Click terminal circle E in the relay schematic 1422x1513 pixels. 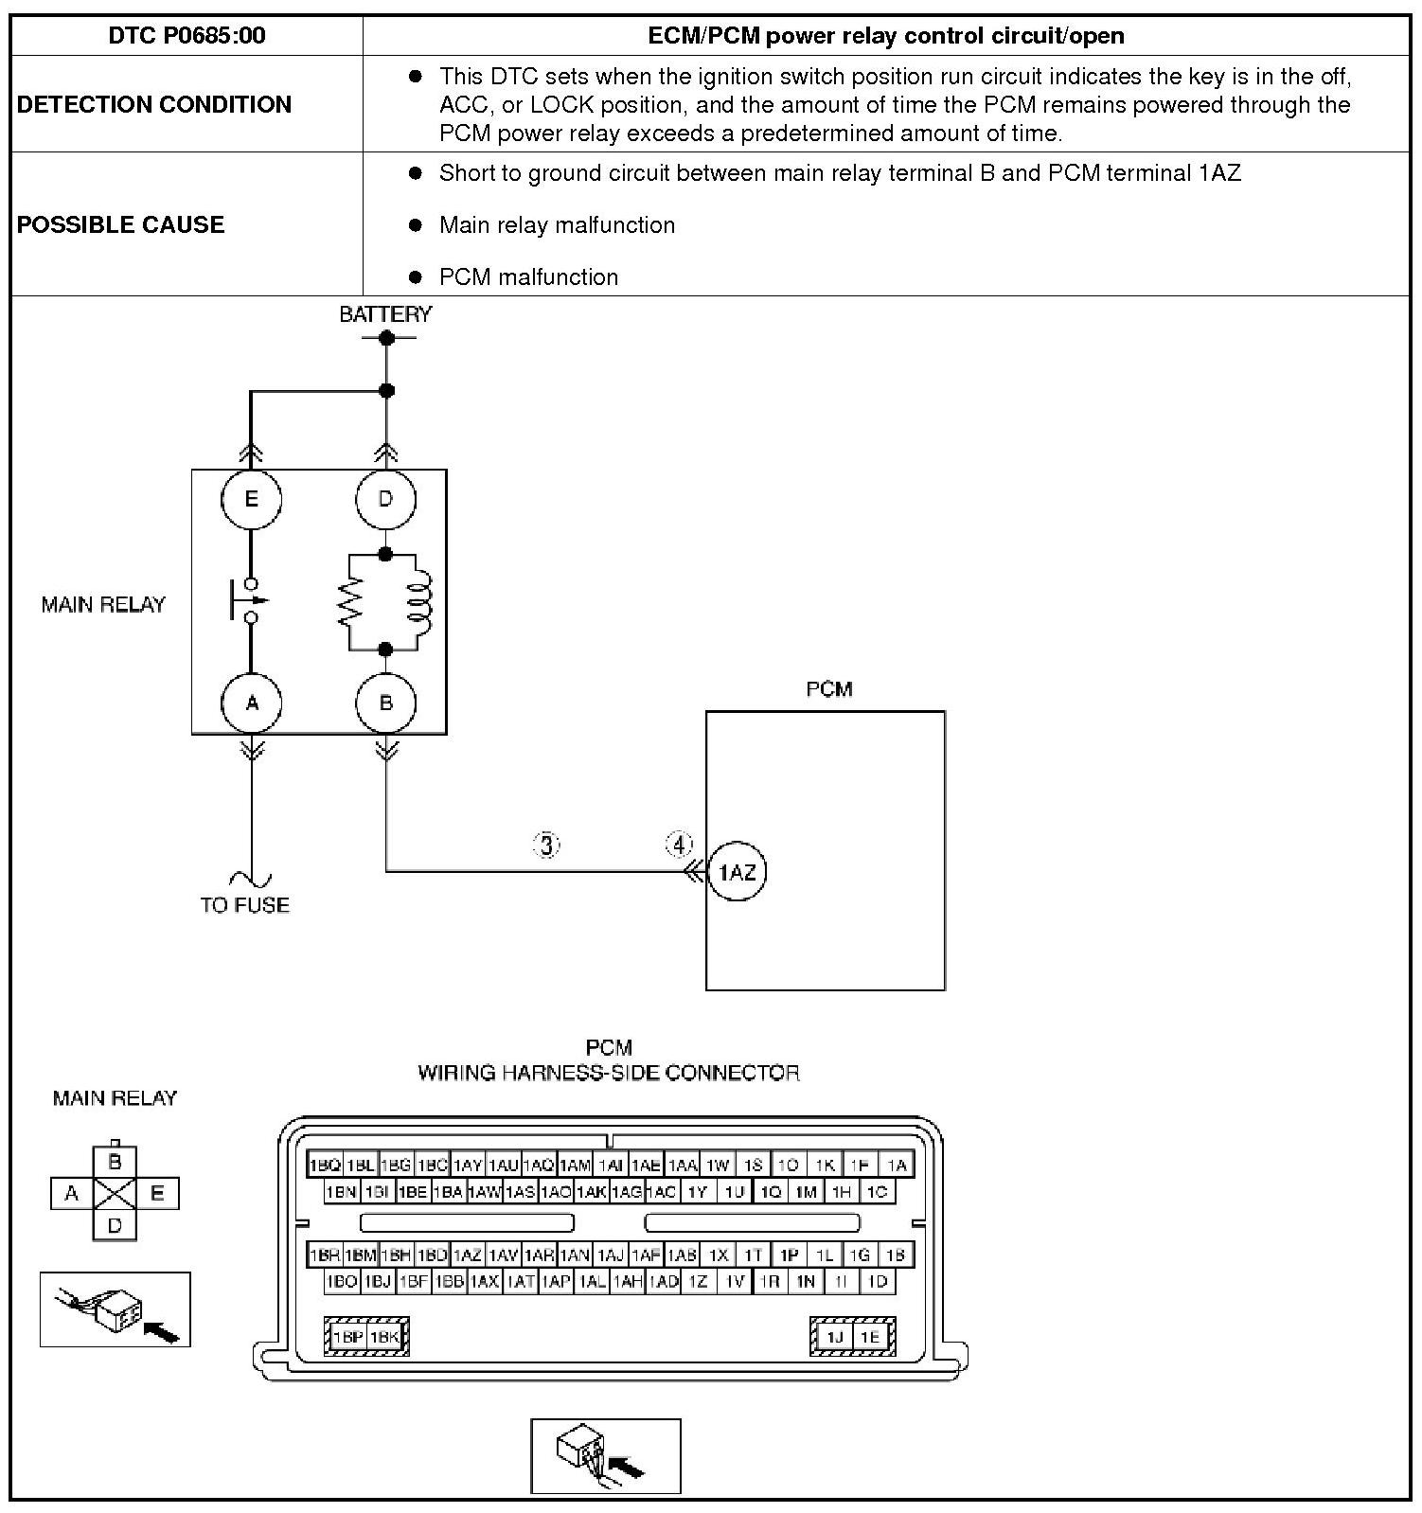pyautogui.click(x=251, y=499)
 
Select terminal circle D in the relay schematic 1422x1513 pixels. pyautogui.click(x=385, y=499)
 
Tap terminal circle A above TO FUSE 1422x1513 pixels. pyautogui.click(x=251, y=703)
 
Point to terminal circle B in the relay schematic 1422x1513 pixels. pyautogui.click(x=385, y=703)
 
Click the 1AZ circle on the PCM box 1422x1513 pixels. pyautogui.click(x=737, y=872)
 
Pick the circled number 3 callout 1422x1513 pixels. pyautogui.click(x=546, y=845)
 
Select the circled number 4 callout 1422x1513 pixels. pyautogui.click(x=679, y=845)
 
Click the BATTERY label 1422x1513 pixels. pyautogui.click(x=385, y=314)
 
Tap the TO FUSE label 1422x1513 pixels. pyautogui.click(x=244, y=905)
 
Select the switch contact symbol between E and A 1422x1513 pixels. pyautogui.click(x=245, y=600)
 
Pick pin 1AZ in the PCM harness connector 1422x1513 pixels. pyautogui.click(x=467, y=1255)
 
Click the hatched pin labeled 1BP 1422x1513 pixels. pyautogui.click(x=347, y=1337)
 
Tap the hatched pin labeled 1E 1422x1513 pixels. pyautogui.click(x=870, y=1337)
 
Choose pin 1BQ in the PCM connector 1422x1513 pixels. pyautogui.click(x=325, y=1166)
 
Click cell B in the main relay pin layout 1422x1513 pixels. pyautogui.click(x=115, y=1162)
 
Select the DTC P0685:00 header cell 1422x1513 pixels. pyautogui.click(x=187, y=36)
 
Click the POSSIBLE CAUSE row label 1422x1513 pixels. pyautogui.click(x=121, y=224)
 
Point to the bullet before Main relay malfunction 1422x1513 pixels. pyautogui.click(x=415, y=225)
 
